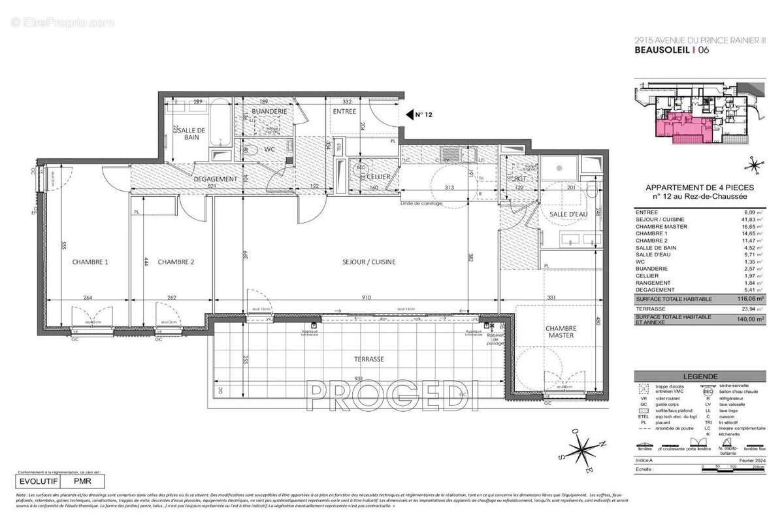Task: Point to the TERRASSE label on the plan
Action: (x=366, y=359)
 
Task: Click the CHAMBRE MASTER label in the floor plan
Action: (x=561, y=331)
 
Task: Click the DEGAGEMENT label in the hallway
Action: (x=214, y=179)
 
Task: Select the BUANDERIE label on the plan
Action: (x=269, y=112)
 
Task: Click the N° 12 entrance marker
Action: (x=424, y=114)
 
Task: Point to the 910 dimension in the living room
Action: (x=366, y=298)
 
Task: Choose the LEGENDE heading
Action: (x=699, y=377)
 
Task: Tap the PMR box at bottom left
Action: (x=82, y=481)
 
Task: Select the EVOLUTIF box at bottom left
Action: (x=39, y=481)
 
